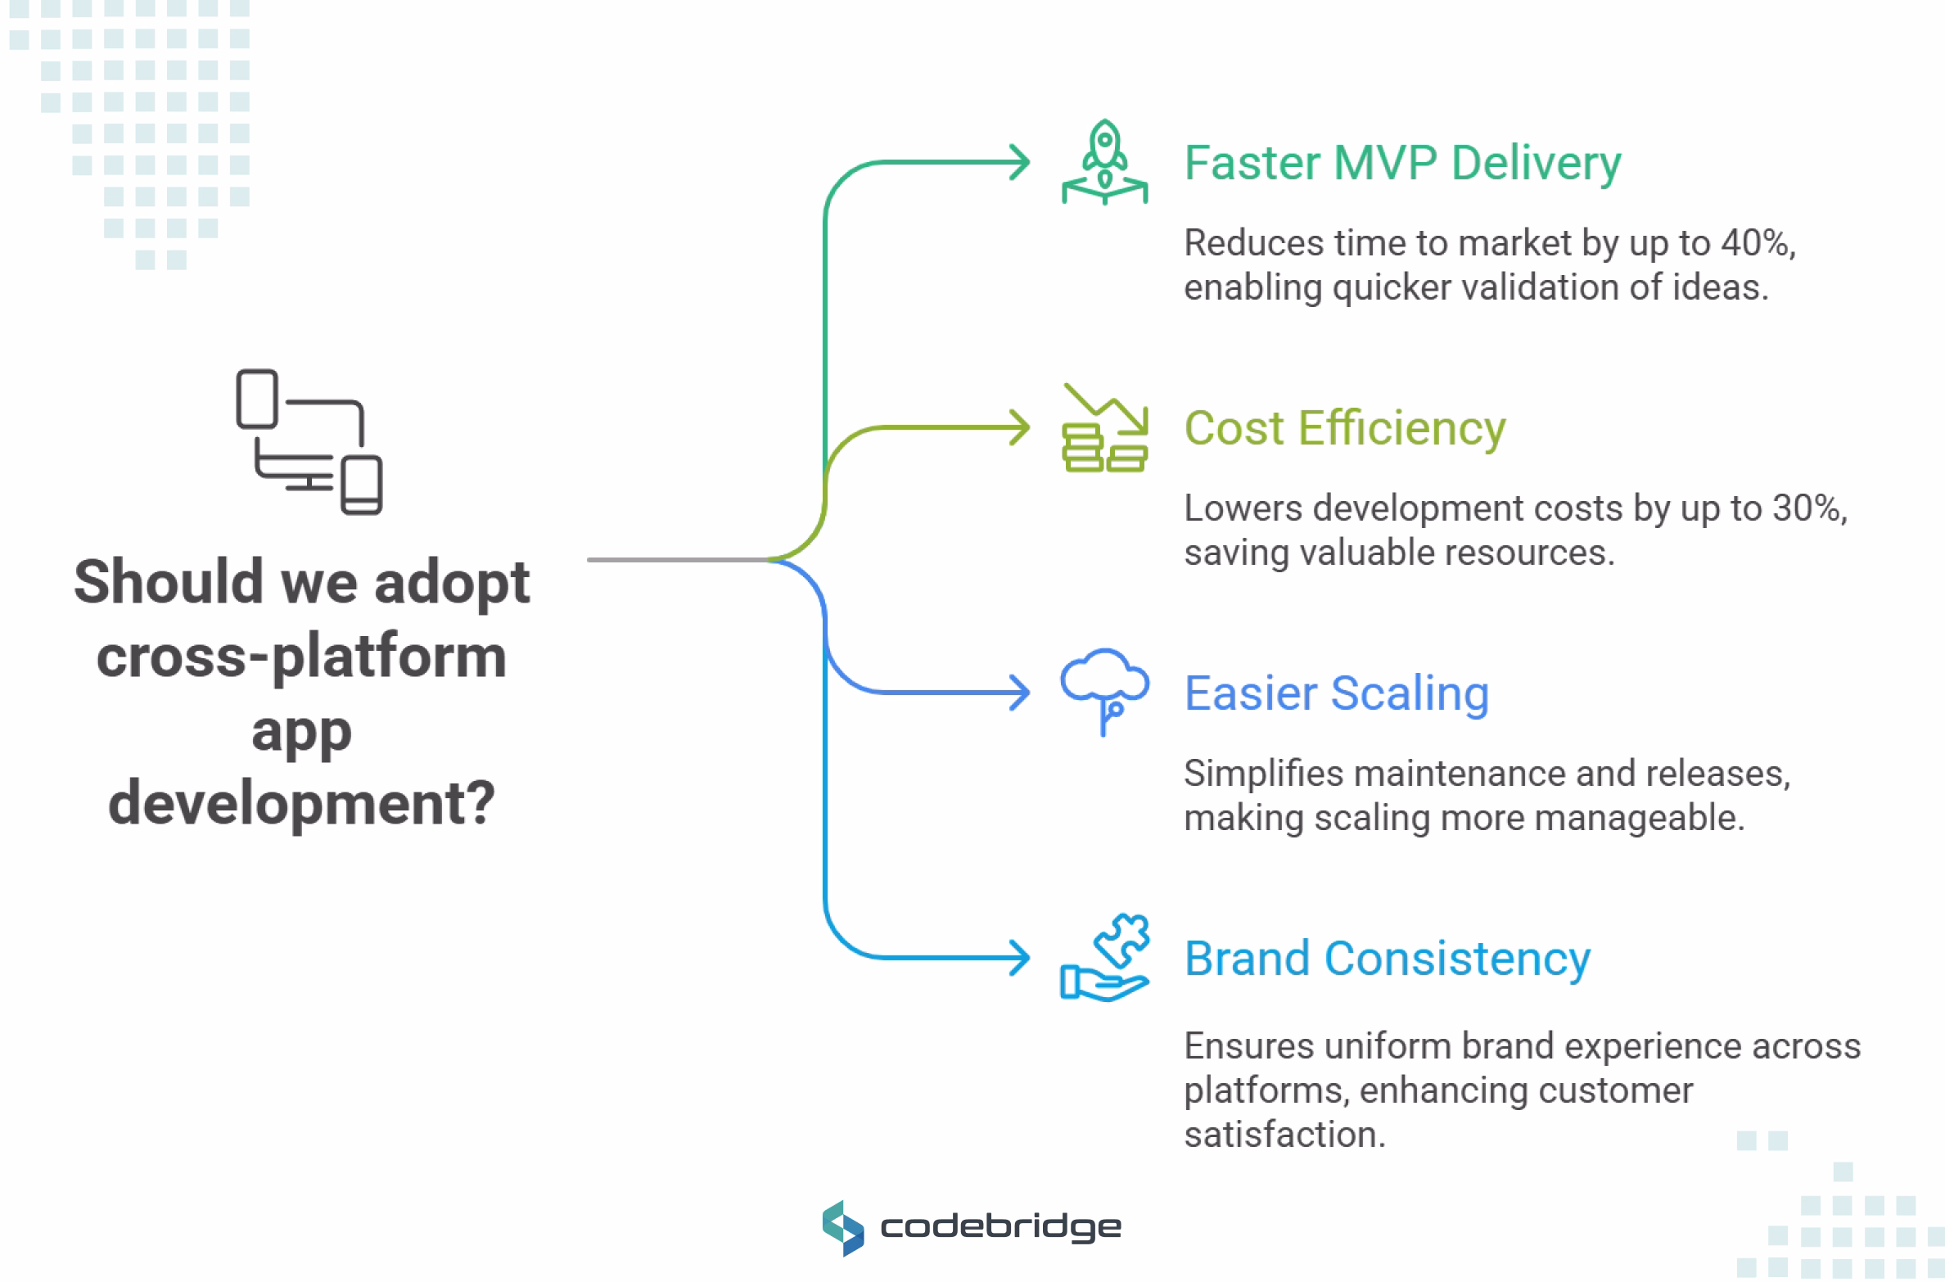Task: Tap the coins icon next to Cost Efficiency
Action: tap(1104, 429)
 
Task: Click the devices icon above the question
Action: tap(309, 441)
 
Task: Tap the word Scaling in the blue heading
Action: tap(1410, 693)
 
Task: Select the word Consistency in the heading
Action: tap(1457, 959)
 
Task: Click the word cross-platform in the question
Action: tap(301, 657)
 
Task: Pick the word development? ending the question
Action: tap(301, 803)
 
